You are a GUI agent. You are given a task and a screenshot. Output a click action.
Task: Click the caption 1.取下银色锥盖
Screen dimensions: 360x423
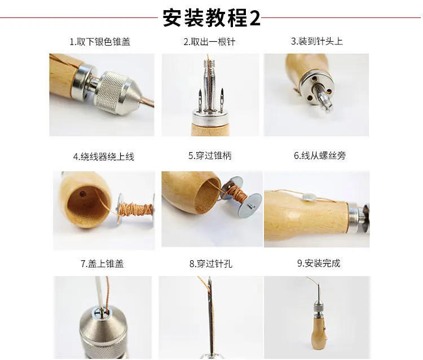pos(100,42)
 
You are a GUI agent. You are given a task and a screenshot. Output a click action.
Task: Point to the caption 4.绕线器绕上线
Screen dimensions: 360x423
pos(103,156)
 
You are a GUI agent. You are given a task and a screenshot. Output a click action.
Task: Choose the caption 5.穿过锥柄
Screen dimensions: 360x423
pos(210,155)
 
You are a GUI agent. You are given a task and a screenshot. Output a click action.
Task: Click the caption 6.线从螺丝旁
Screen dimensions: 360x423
pos(319,155)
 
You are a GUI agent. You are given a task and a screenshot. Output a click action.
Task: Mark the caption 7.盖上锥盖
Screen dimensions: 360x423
pos(102,263)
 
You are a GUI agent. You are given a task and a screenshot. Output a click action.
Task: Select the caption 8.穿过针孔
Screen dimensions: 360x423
pos(211,263)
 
